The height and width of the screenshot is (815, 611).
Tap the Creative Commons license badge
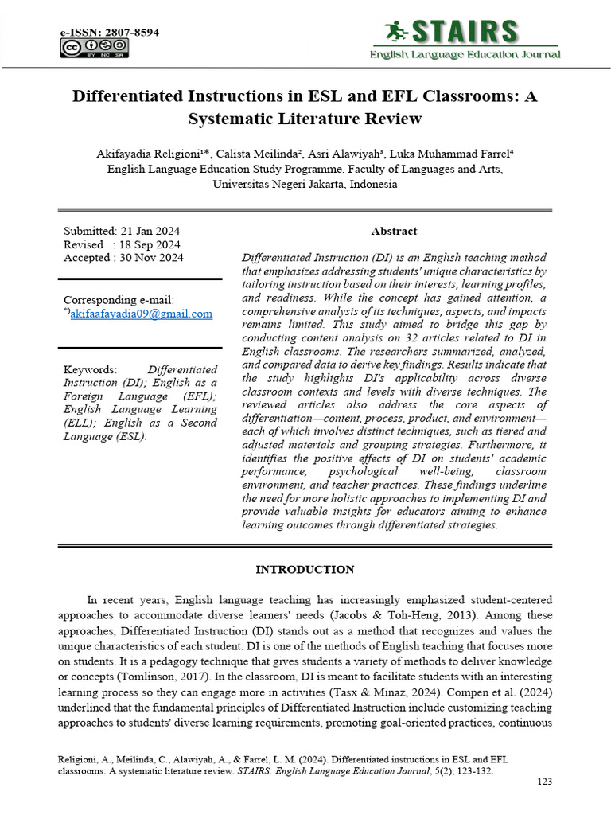[95, 49]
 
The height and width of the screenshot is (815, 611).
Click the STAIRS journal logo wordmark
[465, 32]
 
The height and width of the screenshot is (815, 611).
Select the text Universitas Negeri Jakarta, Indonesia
[305, 184]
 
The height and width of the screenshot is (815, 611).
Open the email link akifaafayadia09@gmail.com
[141, 314]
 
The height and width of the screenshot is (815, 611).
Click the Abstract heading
[394, 231]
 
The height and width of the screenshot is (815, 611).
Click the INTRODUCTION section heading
[305, 570]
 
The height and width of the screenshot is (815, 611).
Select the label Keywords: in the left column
[90, 370]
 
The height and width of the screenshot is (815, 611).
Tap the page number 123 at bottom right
[544, 782]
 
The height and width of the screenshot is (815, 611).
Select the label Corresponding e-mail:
[119, 300]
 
